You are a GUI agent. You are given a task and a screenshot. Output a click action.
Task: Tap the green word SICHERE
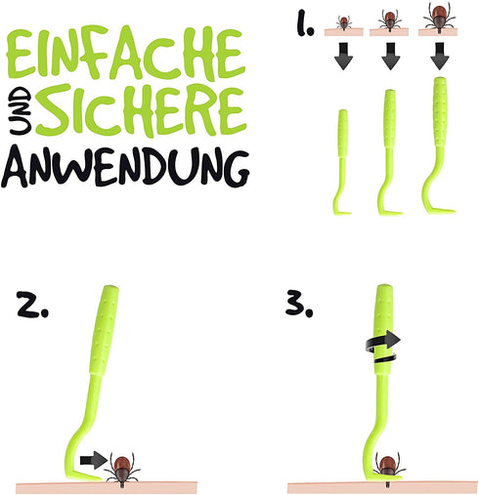click(x=141, y=110)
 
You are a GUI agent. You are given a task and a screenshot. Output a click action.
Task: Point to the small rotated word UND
click(x=21, y=110)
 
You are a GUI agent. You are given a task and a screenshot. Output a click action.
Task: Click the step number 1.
click(x=305, y=22)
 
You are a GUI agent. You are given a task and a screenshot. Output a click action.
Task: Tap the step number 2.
click(x=32, y=305)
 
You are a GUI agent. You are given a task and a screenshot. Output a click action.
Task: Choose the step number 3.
click(x=299, y=305)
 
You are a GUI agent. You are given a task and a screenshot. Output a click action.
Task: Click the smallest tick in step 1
click(x=343, y=22)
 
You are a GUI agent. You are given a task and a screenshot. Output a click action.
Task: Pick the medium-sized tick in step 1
click(x=390, y=21)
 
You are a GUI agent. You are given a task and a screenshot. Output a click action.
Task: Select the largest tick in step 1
click(x=440, y=17)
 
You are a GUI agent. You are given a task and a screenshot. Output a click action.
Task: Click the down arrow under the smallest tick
click(x=343, y=56)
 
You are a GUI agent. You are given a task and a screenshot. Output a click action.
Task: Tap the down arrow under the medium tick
click(x=391, y=56)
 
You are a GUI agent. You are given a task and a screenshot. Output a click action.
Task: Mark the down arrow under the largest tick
click(x=440, y=56)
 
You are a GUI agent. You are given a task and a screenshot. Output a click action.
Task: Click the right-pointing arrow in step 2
click(x=94, y=460)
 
